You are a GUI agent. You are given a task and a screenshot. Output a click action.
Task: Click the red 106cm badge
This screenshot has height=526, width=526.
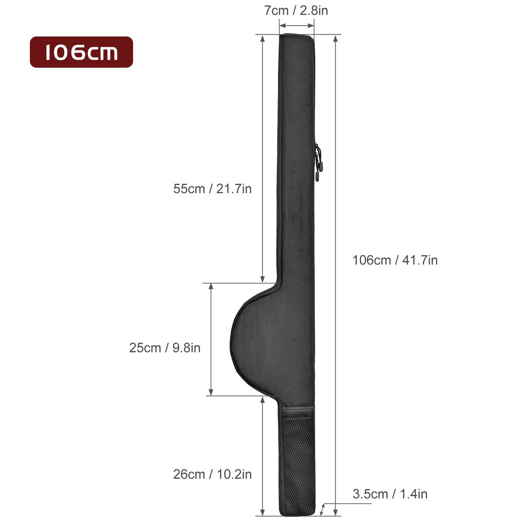click(82, 52)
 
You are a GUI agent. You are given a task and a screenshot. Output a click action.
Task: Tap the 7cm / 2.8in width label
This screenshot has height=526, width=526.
click(296, 10)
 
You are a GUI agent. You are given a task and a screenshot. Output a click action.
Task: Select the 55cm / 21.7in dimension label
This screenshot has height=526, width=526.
click(212, 189)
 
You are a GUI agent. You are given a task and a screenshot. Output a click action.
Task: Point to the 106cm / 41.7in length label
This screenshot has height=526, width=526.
click(395, 260)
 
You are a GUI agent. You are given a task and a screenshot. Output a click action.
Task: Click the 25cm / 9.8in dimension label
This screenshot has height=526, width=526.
click(165, 348)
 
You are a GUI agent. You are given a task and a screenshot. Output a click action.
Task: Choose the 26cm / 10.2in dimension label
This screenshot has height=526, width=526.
click(212, 474)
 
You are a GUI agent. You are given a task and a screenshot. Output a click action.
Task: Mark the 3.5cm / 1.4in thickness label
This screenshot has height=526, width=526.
click(390, 494)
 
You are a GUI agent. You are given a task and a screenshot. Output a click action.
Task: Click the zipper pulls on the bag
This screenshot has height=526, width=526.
click(317, 163)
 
